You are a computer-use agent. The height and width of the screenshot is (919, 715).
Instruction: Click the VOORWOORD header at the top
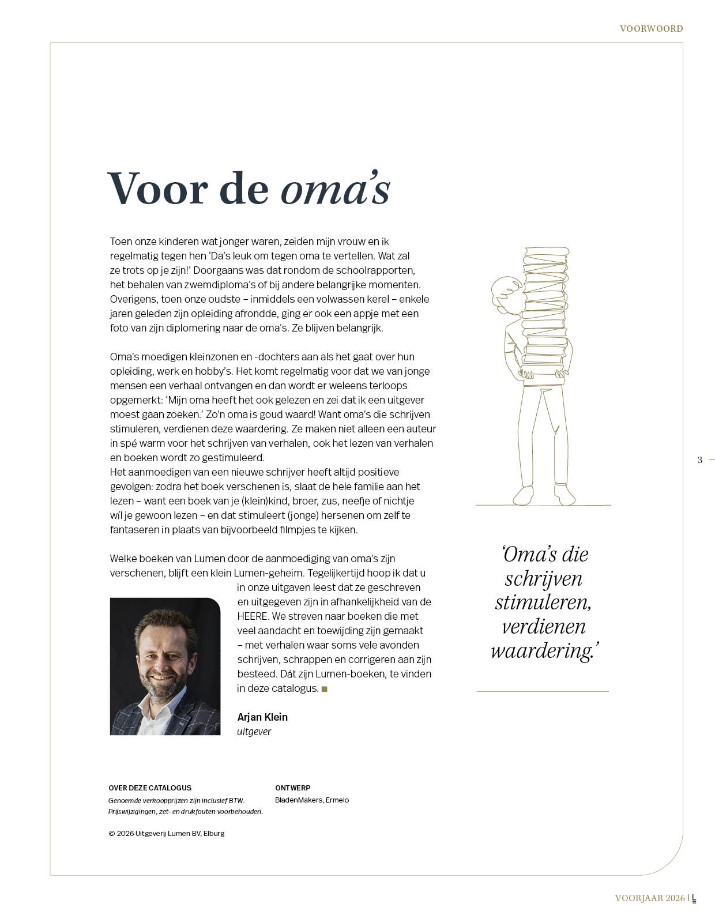click(651, 28)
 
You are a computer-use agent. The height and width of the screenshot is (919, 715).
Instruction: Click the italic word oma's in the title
click(336, 189)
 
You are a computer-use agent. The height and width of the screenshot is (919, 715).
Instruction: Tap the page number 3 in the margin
click(700, 459)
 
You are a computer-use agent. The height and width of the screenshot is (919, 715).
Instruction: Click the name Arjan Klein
click(262, 717)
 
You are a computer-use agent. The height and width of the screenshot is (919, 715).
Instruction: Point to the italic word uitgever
click(254, 732)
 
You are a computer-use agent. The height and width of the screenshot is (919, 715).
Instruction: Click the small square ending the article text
click(325, 689)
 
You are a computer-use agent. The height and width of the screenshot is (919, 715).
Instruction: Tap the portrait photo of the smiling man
click(165, 666)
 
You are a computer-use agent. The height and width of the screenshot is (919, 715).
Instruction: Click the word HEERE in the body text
click(253, 616)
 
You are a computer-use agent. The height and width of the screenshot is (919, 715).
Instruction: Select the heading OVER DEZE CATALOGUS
click(150, 788)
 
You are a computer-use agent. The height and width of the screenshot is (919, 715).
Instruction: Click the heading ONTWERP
click(293, 788)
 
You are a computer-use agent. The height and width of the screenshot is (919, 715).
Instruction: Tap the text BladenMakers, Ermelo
click(312, 800)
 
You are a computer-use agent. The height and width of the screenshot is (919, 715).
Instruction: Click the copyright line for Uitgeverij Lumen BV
click(167, 833)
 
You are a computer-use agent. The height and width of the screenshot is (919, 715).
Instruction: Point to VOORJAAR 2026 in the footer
click(650, 898)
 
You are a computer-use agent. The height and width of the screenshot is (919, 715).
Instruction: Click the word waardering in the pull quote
click(542, 651)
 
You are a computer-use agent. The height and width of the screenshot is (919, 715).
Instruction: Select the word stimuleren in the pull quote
click(543, 602)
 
